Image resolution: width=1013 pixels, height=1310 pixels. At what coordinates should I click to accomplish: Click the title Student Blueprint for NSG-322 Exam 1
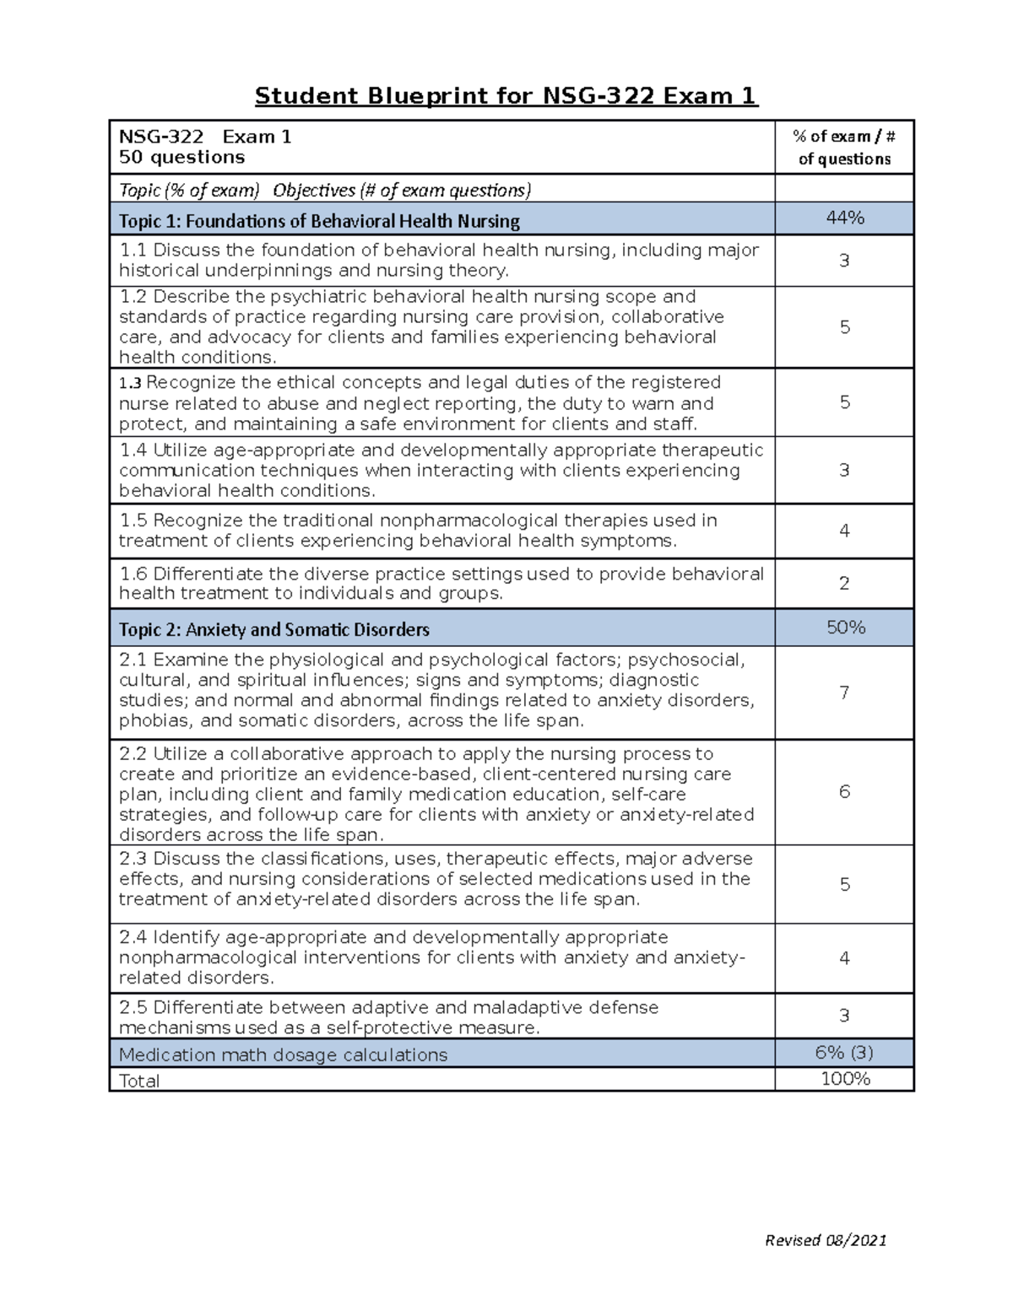pyautogui.click(x=506, y=95)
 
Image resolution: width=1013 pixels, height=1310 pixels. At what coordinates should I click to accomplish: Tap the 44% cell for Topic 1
pyautogui.click(x=845, y=218)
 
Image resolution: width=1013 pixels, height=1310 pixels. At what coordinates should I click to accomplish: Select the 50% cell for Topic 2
pyautogui.click(x=845, y=628)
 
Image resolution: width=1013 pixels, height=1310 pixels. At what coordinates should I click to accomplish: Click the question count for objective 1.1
pyautogui.click(x=844, y=261)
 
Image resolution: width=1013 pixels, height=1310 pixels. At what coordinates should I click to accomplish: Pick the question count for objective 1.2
pyautogui.click(x=844, y=327)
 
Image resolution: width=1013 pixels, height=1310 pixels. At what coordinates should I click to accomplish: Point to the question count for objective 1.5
pyautogui.click(x=844, y=531)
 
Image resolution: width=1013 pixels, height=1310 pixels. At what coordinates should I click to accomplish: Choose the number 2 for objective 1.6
pyautogui.click(x=844, y=583)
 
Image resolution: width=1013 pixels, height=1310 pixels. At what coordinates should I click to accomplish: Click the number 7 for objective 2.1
pyautogui.click(x=844, y=693)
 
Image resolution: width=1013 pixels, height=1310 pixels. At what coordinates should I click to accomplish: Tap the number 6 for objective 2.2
pyautogui.click(x=844, y=791)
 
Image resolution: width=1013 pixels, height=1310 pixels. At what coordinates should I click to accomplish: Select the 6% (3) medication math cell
pyautogui.click(x=844, y=1052)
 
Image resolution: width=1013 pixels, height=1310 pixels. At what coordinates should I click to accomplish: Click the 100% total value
pyautogui.click(x=845, y=1079)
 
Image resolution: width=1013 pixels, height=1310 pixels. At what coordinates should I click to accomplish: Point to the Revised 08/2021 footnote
pyautogui.click(x=825, y=1239)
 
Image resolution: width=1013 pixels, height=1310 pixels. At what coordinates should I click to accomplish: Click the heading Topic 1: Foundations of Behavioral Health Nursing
pyautogui.click(x=319, y=221)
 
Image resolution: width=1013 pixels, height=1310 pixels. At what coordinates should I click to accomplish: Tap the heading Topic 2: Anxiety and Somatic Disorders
pyautogui.click(x=274, y=629)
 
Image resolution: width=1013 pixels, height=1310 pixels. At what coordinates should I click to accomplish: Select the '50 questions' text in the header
pyautogui.click(x=181, y=157)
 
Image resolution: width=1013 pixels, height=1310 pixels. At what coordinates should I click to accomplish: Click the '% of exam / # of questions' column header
pyautogui.click(x=844, y=148)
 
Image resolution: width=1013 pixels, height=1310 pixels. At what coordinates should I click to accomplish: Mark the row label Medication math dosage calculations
pyautogui.click(x=283, y=1054)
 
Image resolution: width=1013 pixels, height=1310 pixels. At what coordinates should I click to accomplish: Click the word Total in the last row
pyautogui.click(x=139, y=1081)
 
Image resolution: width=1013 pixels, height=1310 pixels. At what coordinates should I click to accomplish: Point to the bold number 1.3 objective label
pyautogui.click(x=130, y=383)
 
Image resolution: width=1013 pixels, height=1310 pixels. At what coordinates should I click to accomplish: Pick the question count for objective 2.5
pyautogui.click(x=844, y=1016)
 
